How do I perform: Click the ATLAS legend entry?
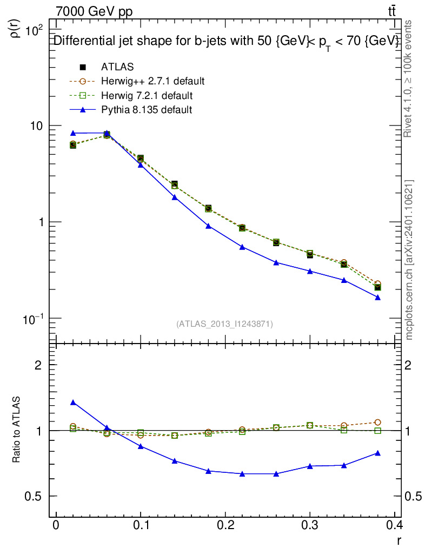tap(117, 67)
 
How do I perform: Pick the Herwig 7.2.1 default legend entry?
tap(147, 96)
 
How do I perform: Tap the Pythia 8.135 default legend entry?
tap(147, 110)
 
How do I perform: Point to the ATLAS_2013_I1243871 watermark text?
tap(224, 324)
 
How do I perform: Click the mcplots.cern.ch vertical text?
tap(409, 260)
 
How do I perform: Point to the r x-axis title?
tap(399, 539)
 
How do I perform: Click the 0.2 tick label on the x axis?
tap(225, 525)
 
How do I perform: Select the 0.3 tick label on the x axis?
tap(310, 525)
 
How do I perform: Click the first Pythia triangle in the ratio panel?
tap(73, 403)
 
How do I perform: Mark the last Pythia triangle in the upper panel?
tap(378, 298)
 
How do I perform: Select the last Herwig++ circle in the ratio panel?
tap(378, 422)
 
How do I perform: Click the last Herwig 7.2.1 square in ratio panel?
tap(378, 431)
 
